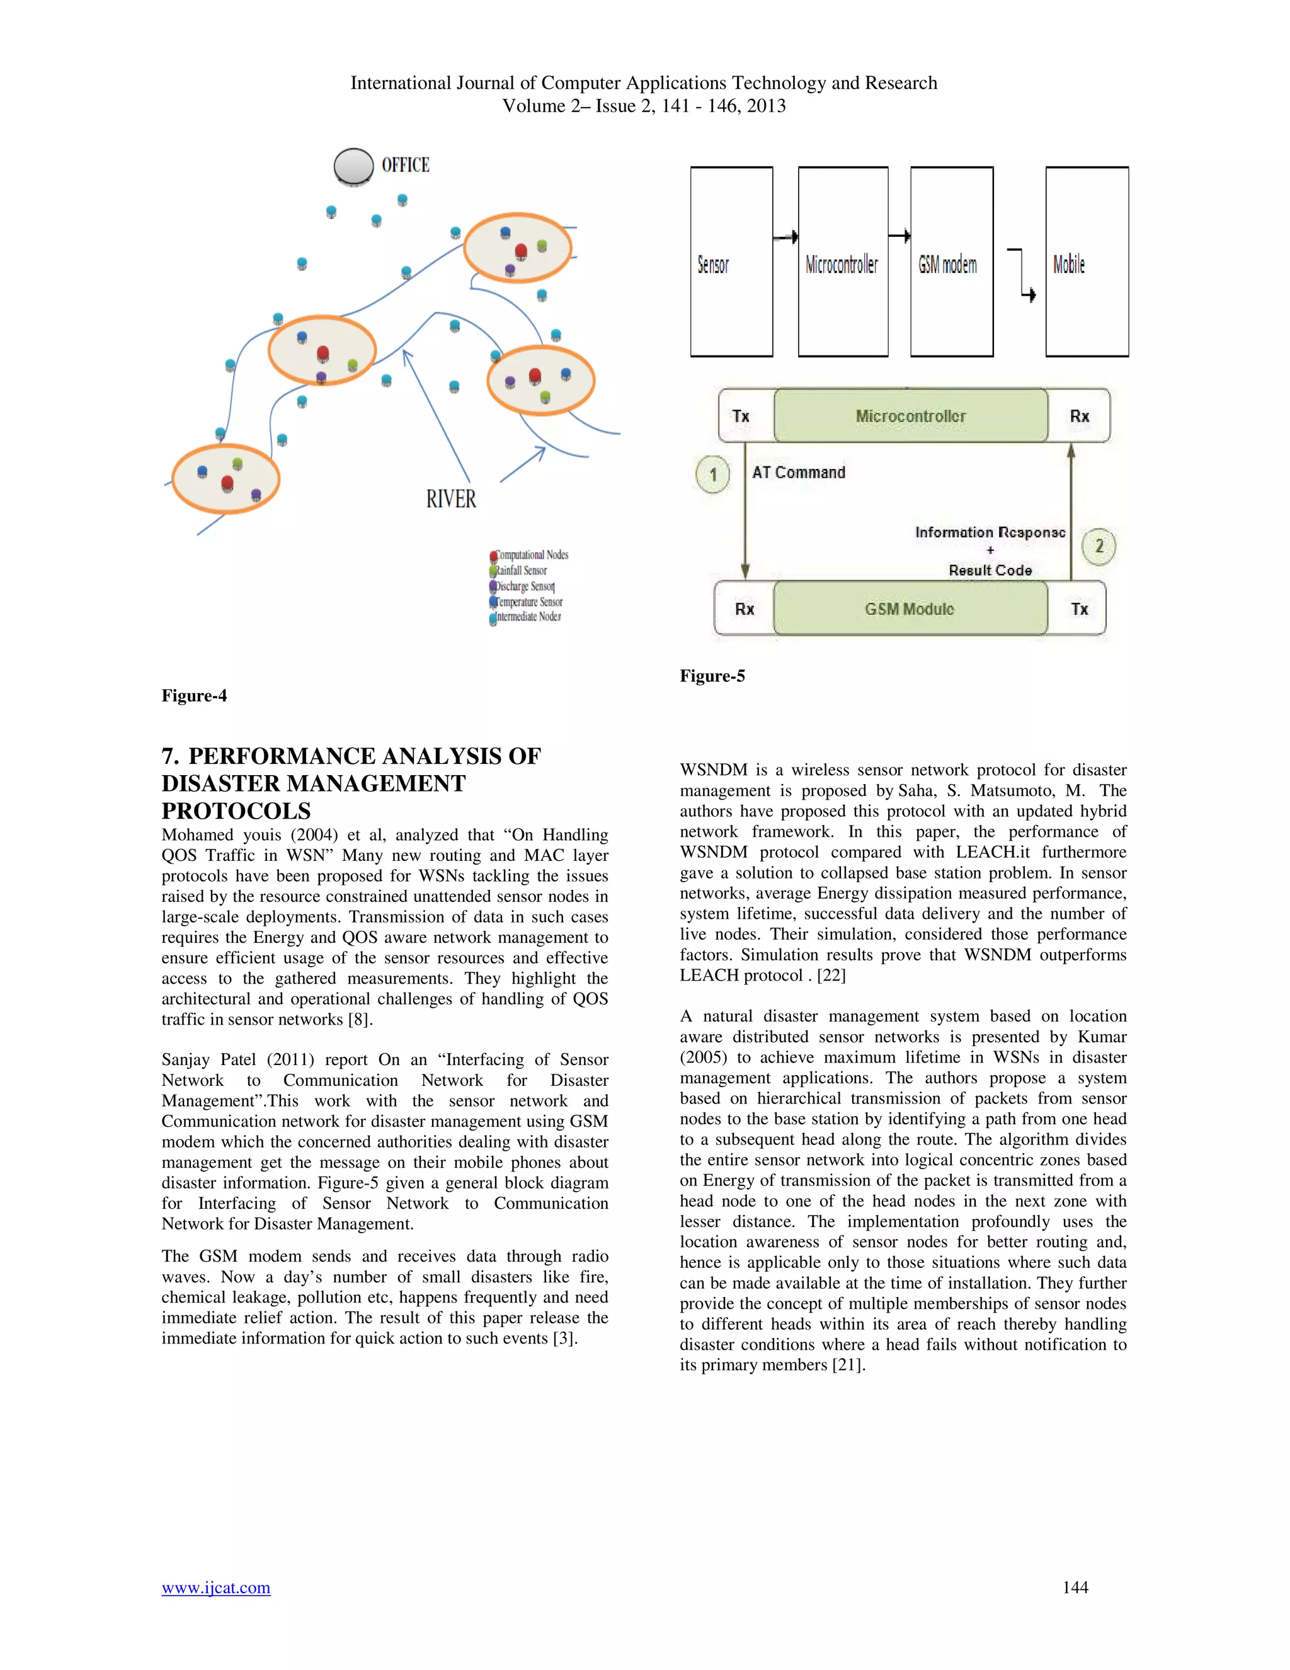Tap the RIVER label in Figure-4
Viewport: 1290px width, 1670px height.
pos(451,499)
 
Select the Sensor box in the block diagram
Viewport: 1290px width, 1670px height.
pos(731,262)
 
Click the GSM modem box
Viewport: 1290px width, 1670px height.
pos(952,262)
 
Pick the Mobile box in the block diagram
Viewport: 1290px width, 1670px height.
pos(1087,262)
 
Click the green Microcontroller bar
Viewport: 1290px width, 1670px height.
pos(910,416)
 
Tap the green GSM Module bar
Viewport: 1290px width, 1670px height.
pos(910,609)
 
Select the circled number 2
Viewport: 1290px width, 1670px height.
pos(1099,546)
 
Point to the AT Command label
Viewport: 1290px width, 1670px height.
pos(799,473)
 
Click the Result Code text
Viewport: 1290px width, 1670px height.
pos(990,570)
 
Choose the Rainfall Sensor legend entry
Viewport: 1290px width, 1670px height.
pos(521,570)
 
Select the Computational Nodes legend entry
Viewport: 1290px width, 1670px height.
pos(532,555)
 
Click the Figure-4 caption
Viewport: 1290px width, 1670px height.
pos(194,695)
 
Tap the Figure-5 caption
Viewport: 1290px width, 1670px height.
pos(712,676)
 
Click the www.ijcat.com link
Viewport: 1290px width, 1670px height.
pos(215,1587)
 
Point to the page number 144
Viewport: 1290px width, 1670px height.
pos(1075,1587)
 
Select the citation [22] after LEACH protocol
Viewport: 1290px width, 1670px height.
pos(831,975)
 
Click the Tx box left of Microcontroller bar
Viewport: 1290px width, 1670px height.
pos(741,416)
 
